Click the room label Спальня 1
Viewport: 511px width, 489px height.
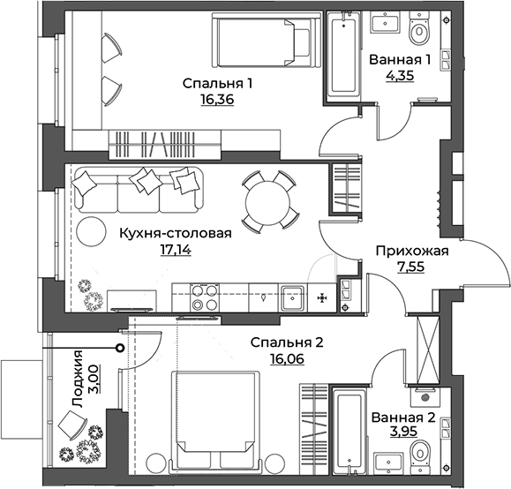click(218, 84)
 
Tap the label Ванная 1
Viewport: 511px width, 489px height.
click(400, 60)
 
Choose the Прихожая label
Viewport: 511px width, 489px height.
click(412, 251)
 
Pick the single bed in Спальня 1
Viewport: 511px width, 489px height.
click(262, 41)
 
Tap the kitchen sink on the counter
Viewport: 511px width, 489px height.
click(292, 297)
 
